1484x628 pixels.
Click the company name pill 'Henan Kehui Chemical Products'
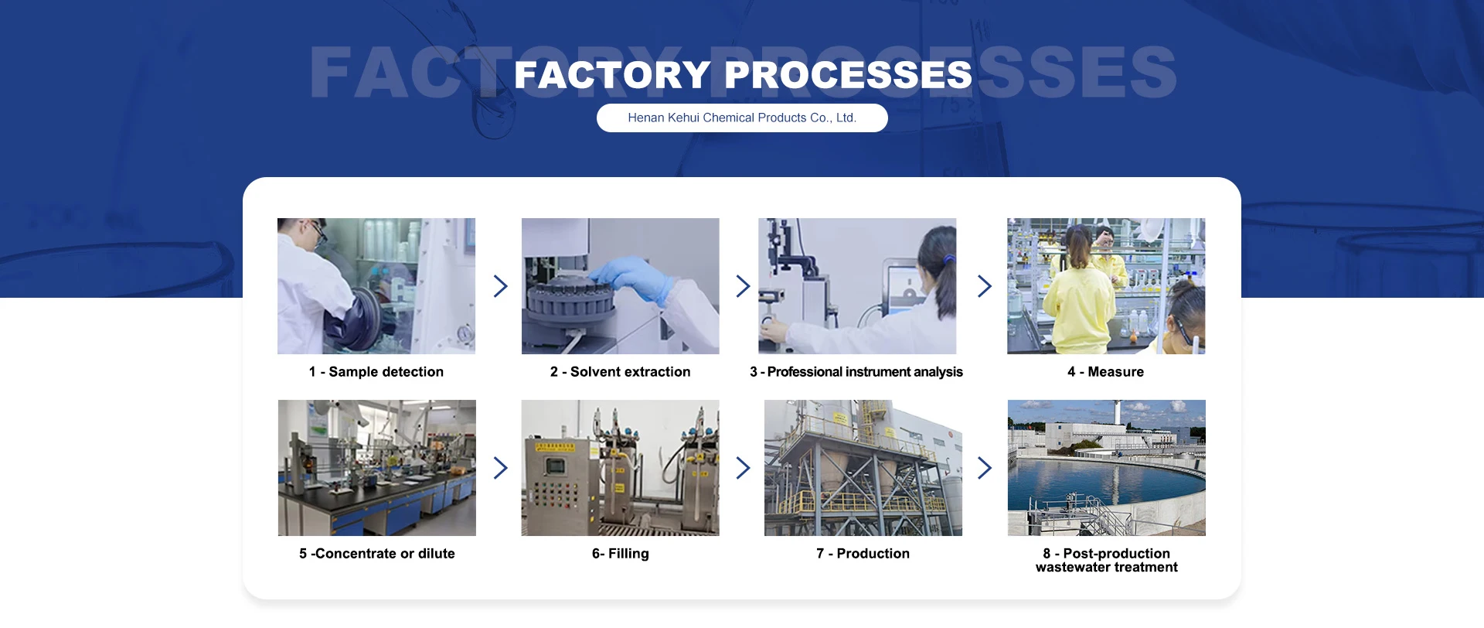click(x=742, y=118)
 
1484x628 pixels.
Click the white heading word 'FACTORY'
click(x=611, y=75)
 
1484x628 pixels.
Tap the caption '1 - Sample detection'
click(x=376, y=372)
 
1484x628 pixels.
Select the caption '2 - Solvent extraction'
click(x=620, y=372)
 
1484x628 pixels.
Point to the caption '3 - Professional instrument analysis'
click(x=856, y=372)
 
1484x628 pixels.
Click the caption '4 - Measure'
click(x=1105, y=372)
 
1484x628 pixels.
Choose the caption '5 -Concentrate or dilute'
click(x=377, y=554)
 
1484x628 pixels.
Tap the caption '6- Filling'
click(x=620, y=554)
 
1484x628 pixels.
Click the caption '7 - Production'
click(x=863, y=554)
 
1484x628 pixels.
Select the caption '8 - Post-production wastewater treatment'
click(x=1107, y=560)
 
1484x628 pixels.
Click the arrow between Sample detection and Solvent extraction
click(x=501, y=286)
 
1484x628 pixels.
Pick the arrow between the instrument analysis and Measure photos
click(x=984, y=286)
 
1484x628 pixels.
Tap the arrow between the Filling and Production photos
click(x=743, y=468)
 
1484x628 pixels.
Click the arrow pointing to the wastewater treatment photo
click(x=984, y=468)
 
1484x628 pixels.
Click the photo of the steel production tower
click(x=863, y=468)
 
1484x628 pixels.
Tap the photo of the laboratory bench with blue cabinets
click(x=377, y=468)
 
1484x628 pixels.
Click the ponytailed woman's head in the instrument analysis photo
click(x=938, y=251)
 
